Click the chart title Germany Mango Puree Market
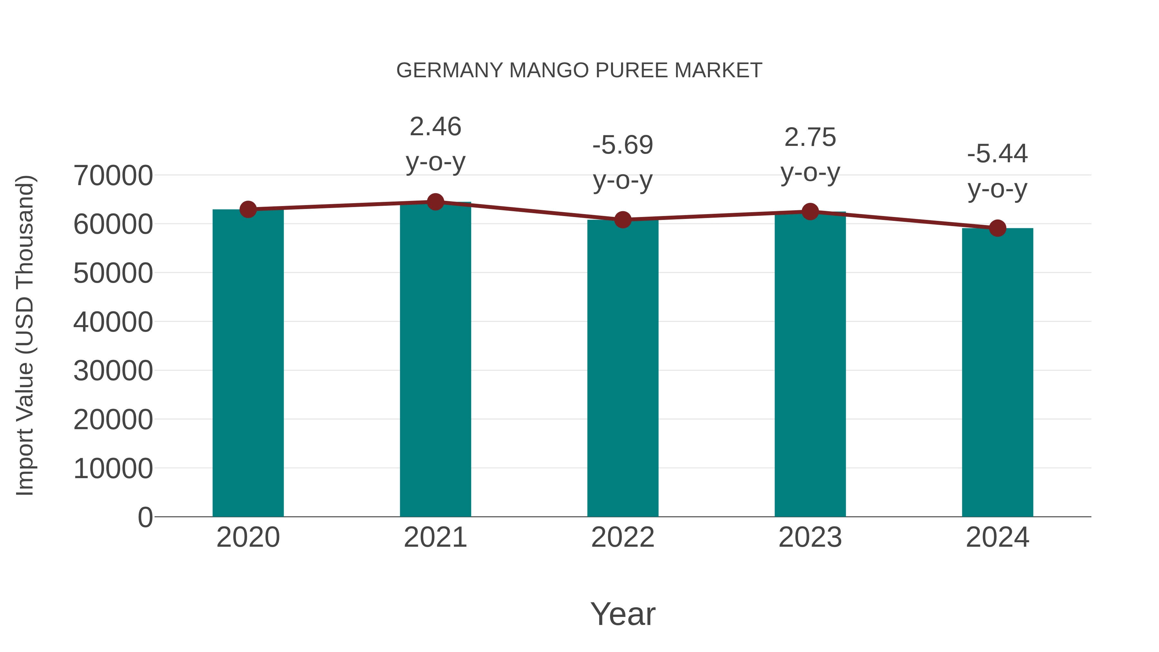[x=579, y=71]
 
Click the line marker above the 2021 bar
[x=435, y=202]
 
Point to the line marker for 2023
[x=810, y=212]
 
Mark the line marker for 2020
[x=248, y=209]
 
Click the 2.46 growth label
[x=435, y=127]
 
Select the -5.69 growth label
[x=623, y=145]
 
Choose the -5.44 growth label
[x=997, y=154]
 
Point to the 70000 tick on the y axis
[x=113, y=175]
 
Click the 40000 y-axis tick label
[x=113, y=322]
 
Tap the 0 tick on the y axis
[x=145, y=517]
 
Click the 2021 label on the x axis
[x=435, y=537]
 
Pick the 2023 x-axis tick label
[x=810, y=537]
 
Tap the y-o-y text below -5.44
[x=997, y=189]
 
